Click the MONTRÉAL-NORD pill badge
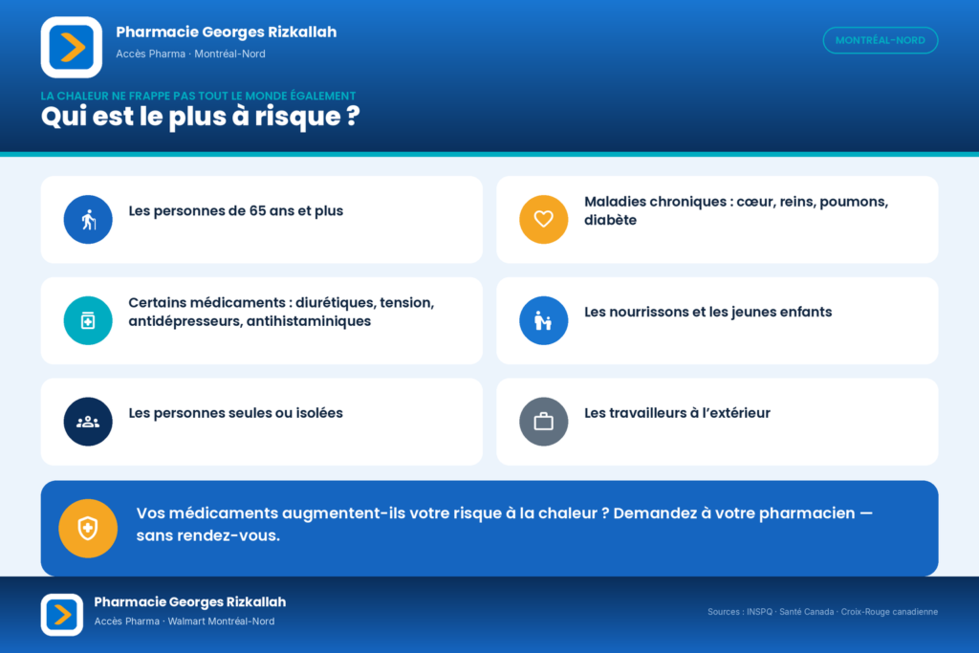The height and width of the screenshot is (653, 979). click(881, 40)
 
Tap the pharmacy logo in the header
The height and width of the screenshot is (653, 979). click(72, 48)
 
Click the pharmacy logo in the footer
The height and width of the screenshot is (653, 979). click(62, 615)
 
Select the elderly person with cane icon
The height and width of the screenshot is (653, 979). click(88, 220)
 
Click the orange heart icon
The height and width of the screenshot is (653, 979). click(544, 220)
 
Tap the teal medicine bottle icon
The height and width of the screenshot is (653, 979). click(88, 321)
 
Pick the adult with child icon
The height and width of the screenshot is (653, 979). click(544, 321)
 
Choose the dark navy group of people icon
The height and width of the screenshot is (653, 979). click(88, 422)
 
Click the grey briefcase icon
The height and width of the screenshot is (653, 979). click(544, 422)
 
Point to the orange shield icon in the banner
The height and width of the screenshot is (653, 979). click(88, 529)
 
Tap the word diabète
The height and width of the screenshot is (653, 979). click(610, 220)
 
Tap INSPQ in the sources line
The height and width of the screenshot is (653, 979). click(759, 612)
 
